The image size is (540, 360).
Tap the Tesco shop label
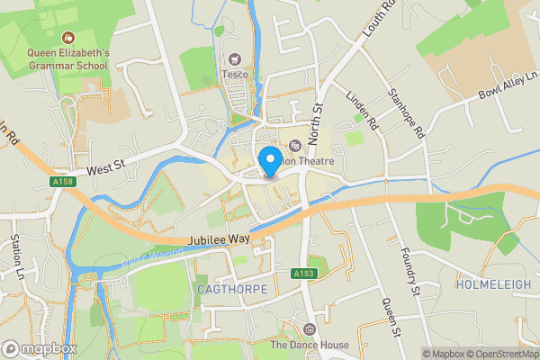pyautogui.click(x=237, y=74)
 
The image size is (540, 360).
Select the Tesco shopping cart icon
pyautogui.click(x=237, y=58)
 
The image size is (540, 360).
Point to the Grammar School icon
pyautogui.click(x=67, y=38)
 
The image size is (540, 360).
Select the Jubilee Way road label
pyautogui.click(x=220, y=240)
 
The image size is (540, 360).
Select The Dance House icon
pyautogui.click(x=310, y=329)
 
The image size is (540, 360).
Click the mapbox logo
pyautogui.click(x=40, y=348)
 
